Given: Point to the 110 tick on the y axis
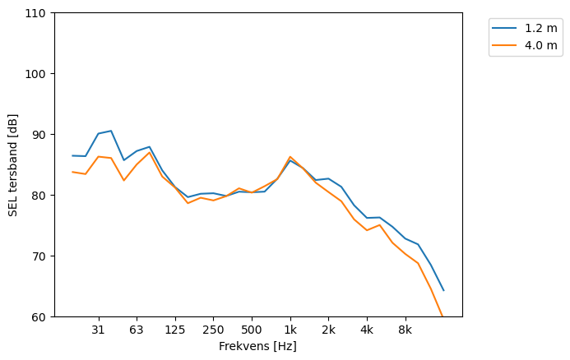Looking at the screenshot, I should (38, 13).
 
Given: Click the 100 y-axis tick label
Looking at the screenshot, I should (38, 74).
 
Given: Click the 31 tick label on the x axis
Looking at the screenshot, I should (99, 330).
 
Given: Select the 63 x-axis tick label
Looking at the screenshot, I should (137, 330).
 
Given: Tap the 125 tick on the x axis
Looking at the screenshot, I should (175, 330).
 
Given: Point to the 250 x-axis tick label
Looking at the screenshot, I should (213, 330).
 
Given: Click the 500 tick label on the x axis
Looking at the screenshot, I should (252, 330).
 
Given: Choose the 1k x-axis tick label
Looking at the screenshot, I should (290, 330).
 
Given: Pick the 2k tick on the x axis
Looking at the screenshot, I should (328, 330).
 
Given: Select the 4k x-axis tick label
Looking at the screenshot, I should (367, 330).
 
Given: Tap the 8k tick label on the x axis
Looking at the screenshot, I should (405, 330).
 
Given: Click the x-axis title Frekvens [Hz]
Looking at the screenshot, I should (257, 346).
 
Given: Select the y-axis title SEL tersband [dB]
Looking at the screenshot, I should (13, 165).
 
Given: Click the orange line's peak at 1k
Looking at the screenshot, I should (290, 156).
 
